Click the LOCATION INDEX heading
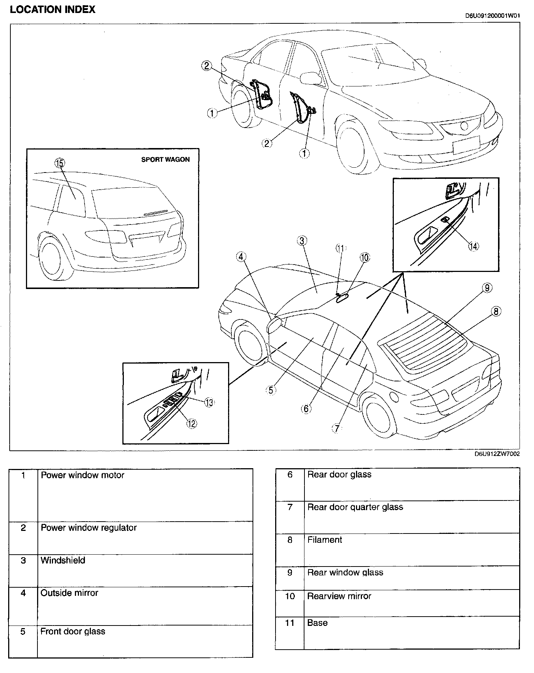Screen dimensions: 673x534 [x=52, y=10]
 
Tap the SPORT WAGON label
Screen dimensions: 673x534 [x=165, y=160]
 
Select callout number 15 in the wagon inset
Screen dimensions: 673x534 [x=59, y=163]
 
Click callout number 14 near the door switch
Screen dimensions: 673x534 [x=473, y=246]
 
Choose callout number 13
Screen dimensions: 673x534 [x=209, y=402]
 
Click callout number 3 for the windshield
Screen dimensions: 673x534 [x=302, y=241]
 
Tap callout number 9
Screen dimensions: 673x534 [x=487, y=288]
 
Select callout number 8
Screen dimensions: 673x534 [x=496, y=312]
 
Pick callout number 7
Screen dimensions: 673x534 [x=336, y=429]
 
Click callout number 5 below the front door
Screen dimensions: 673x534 [x=271, y=390]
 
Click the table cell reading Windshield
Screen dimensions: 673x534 [x=63, y=560]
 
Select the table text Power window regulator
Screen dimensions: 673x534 [x=89, y=528]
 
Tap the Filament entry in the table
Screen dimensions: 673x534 [x=324, y=540]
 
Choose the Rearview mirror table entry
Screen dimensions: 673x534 [x=339, y=596]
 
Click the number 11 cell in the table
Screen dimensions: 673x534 [x=290, y=623]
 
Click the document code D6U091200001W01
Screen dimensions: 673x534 [x=492, y=16]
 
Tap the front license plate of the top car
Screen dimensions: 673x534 [x=466, y=145]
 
